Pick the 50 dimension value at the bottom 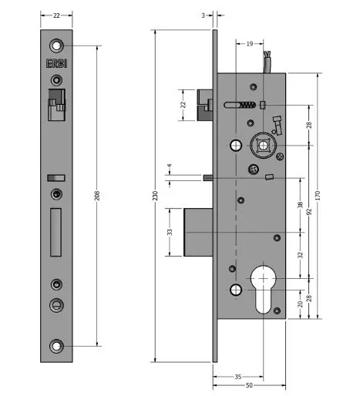point(249,384)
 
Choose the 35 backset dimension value point(238,376)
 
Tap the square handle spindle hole point(264,144)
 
